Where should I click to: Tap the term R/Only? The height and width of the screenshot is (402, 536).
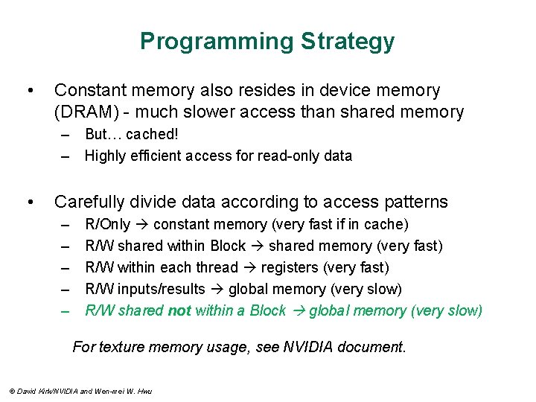tap(108, 225)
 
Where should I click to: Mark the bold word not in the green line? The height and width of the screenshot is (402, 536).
tap(180, 311)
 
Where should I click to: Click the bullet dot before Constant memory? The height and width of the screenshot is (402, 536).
tap(29, 91)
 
